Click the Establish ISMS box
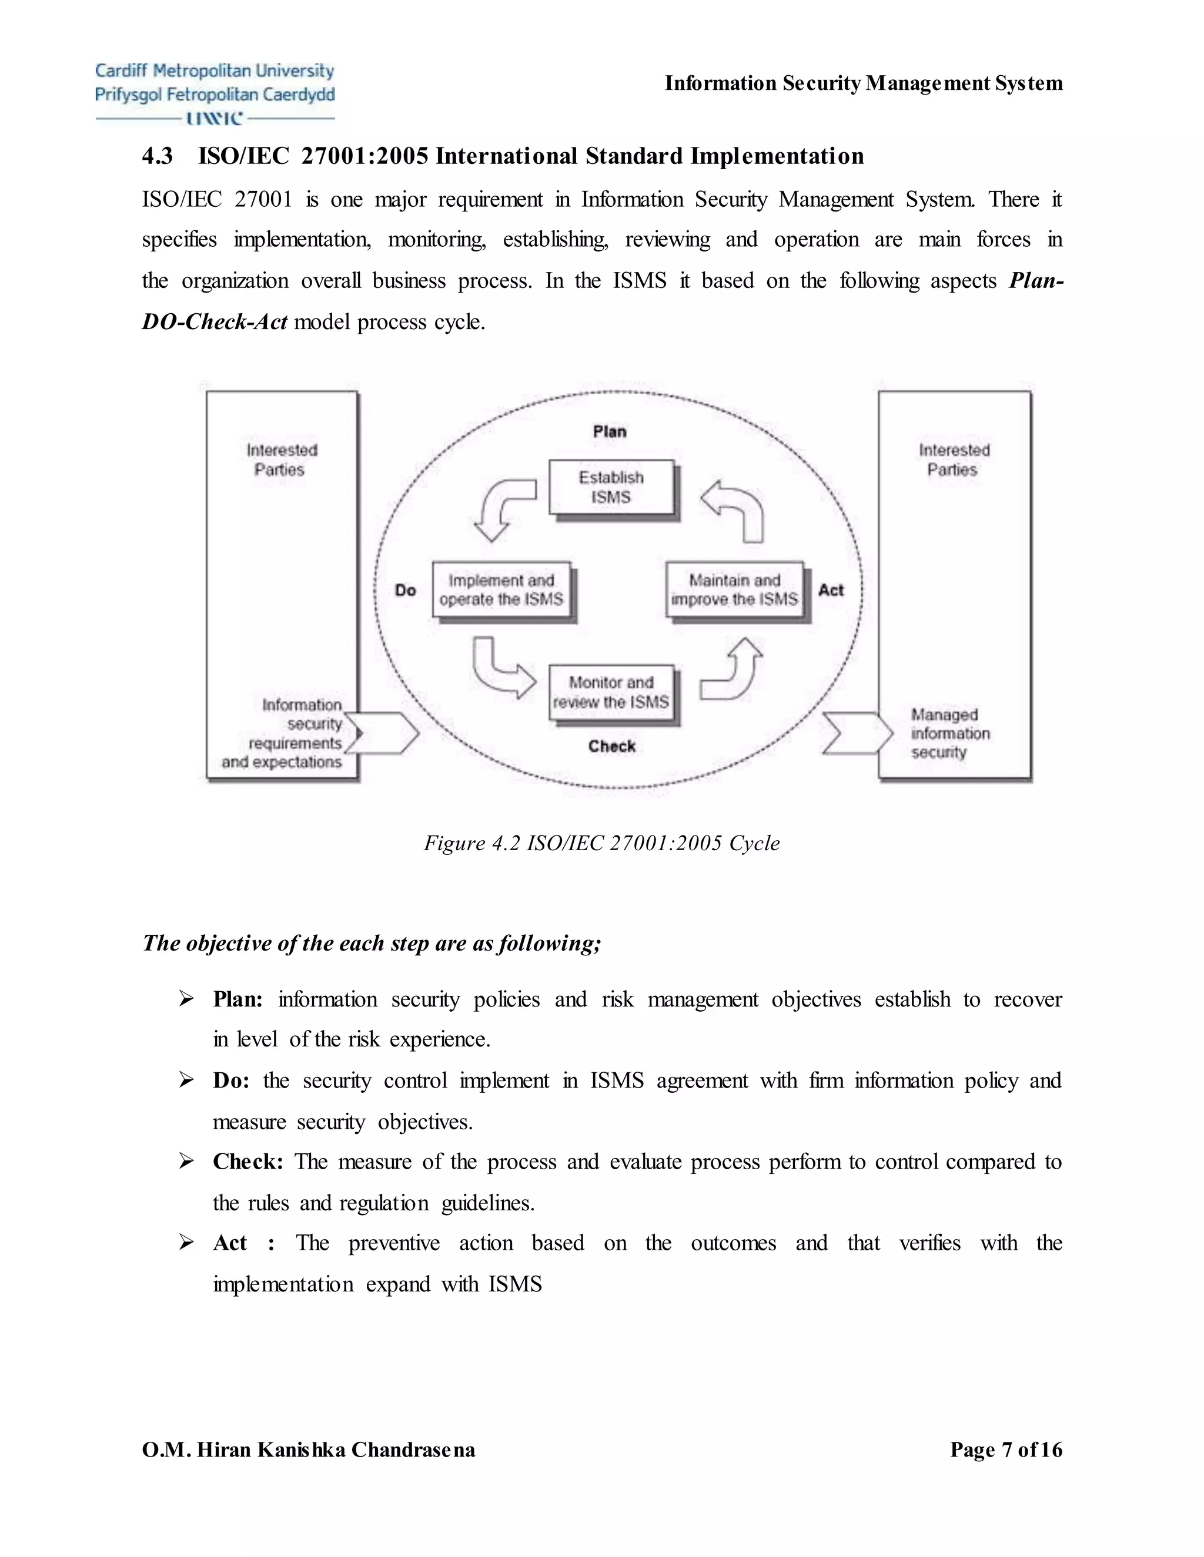click(x=611, y=487)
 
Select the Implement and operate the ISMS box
click(x=501, y=589)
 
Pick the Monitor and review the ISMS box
click(x=611, y=692)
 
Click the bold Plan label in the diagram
click(x=609, y=431)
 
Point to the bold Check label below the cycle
click(x=611, y=746)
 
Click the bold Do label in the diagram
click(x=405, y=590)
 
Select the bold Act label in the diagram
click(x=830, y=590)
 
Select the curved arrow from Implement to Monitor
click(x=499, y=669)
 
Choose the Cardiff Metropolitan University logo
click(x=215, y=93)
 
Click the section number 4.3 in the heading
click(x=157, y=156)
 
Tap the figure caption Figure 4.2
click(x=601, y=843)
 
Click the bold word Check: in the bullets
click(x=248, y=1162)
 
